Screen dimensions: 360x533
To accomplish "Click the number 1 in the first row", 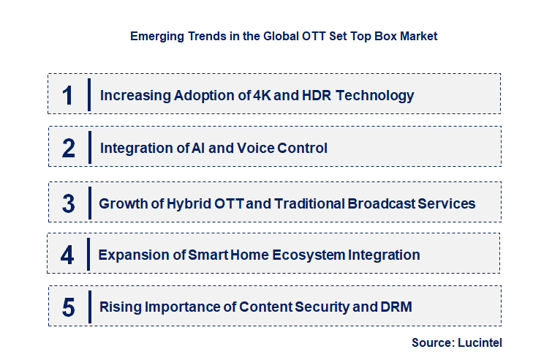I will click(x=68, y=95).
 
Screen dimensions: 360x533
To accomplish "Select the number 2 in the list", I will click(x=69, y=149).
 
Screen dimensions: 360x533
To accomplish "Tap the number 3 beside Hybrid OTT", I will click(x=69, y=203).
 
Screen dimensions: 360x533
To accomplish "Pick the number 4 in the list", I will click(x=68, y=255).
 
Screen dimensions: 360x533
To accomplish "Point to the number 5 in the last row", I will click(x=69, y=307).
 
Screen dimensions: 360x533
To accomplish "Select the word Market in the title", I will click(x=419, y=36).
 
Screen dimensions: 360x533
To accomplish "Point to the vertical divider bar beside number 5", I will click(x=88, y=307).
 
